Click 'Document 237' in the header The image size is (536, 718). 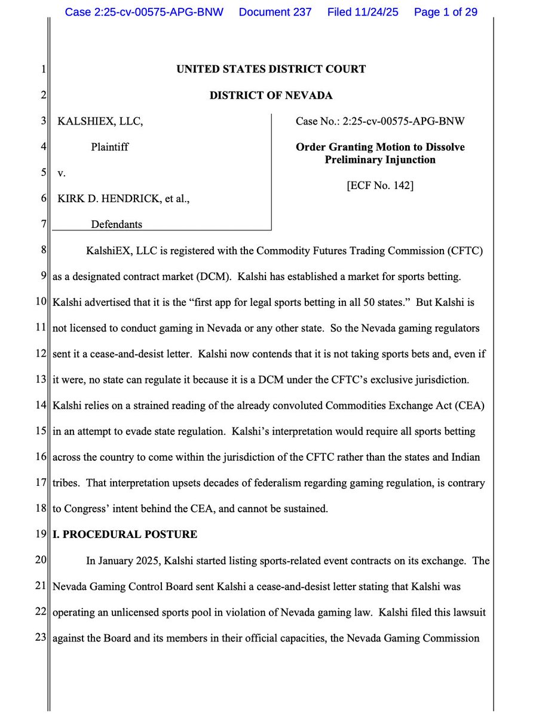[275, 12]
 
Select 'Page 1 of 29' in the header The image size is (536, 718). [446, 12]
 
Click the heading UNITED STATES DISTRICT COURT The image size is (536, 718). [271, 69]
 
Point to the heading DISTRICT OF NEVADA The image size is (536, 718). [271, 95]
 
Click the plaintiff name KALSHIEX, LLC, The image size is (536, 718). [100, 121]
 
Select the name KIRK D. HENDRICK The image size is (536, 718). [107, 199]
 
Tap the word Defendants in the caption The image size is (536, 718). [117, 224]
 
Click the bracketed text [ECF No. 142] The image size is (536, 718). [380, 185]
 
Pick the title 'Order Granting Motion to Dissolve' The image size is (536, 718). [380, 147]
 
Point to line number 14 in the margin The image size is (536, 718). [41, 404]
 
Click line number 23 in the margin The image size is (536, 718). [41, 638]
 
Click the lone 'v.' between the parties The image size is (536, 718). [61, 173]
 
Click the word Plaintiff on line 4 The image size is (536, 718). [110, 147]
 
